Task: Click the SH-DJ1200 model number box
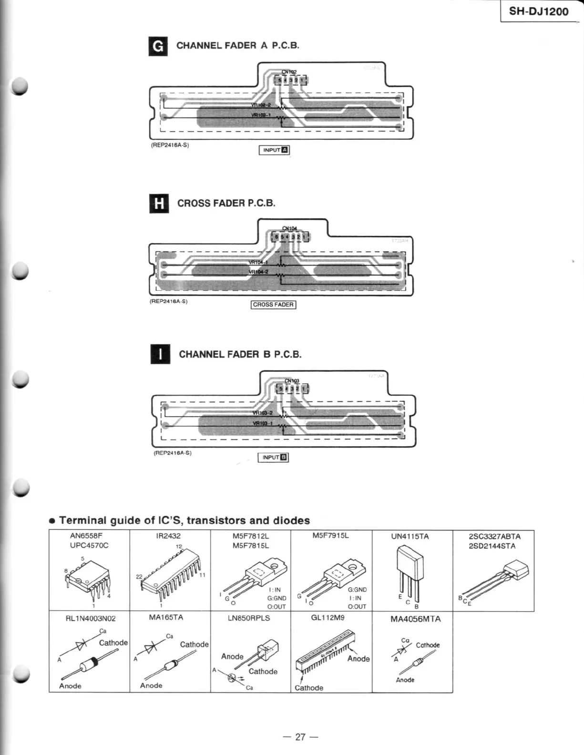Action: pos(539,11)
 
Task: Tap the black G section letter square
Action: pos(158,46)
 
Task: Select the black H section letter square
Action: pos(159,204)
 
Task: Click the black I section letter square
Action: pos(160,355)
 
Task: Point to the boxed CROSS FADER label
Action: pos(273,305)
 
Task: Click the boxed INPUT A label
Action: pos(274,150)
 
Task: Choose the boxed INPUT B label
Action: pos(273,458)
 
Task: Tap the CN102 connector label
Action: pos(289,72)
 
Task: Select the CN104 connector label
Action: pos(289,229)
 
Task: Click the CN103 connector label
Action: pos(292,381)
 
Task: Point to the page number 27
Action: pos(300,737)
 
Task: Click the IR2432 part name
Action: pos(168,536)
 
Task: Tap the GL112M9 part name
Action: pos(328,617)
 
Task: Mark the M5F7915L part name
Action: pos(330,535)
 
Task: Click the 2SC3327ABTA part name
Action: pos(494,536)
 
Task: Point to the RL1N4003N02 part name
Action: pos(91,618)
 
